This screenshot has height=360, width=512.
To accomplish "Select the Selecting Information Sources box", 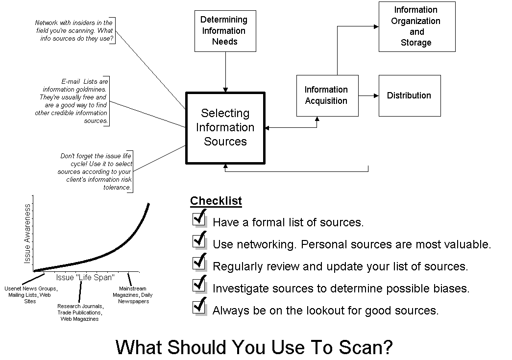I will click(x=225, y=127).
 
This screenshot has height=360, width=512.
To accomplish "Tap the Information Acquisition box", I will click(x=327, y=96).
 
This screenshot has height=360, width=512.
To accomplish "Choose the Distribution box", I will click(x=409, y=96).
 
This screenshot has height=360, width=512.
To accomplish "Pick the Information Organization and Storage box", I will click(x=416, y=26).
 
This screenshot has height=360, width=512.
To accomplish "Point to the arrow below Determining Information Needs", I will click(x=225, y=72).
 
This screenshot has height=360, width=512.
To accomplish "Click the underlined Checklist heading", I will click(x=216, y=201).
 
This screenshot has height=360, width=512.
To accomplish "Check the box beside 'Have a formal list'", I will click(x=199, y=218).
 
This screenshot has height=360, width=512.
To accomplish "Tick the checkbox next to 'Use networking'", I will click(x=199, y=240).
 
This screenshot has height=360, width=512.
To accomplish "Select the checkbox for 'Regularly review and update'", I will click(x=199, y=262).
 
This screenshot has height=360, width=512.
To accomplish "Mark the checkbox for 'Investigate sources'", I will click(x=199, y=284).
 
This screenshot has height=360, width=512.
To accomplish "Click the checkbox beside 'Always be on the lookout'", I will click(x=199, y=306).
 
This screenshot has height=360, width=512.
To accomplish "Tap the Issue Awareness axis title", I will click(x=28, y=234).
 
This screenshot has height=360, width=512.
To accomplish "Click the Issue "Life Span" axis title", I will click(x=85, y=277).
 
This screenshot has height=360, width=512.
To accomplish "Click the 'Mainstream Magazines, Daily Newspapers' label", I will click(x=133, y=295).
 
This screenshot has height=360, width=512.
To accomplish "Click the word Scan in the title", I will click(x=365, y=347).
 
